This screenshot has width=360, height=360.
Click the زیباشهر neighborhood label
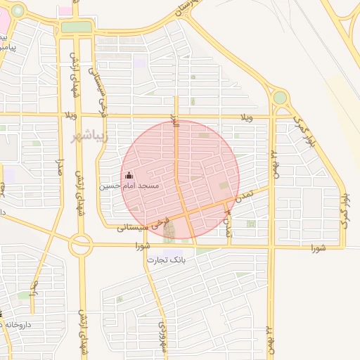pos(90,135)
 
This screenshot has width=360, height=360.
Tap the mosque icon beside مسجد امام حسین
pos(128,176)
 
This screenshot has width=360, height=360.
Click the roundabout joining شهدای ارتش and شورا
pos(80,245)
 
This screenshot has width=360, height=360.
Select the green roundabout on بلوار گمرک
pos(280,97)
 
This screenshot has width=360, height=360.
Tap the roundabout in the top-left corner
pos(18,11)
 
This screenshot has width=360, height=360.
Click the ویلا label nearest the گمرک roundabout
pos(246,116)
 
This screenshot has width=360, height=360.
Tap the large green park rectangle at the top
pos(77,27)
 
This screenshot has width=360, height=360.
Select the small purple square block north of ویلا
pos(140,63)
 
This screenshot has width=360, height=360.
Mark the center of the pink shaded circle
pos(181,179)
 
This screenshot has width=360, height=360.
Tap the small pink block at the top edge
pos(65,11)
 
